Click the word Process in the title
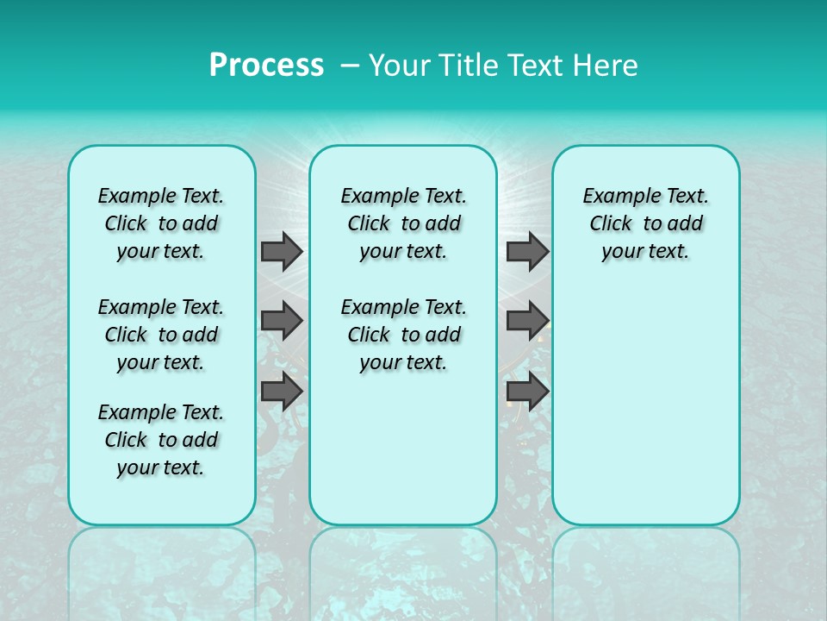[266, 66]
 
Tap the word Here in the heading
[606, 66]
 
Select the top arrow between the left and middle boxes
[282, 251]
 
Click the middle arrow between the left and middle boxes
[282, 321]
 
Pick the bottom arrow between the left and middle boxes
[282, 391]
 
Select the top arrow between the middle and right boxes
[527, 251]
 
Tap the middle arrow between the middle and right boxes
[527, 321]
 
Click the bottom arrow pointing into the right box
[527, 391]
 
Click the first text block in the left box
[161, 223]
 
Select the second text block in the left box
[161, 335]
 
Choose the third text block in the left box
[161, 440]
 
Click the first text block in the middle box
[403, 223]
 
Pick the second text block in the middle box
[403, 335]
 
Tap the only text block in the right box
[645, 223]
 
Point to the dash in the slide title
[350, 66]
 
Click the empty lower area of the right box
[645, 414]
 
